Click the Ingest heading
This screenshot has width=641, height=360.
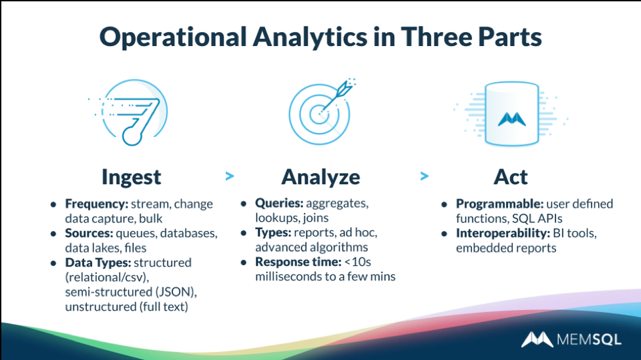[x=132, y=177]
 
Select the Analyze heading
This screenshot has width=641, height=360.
[x=320, y=177]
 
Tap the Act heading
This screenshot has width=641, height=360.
[x=510, y=177]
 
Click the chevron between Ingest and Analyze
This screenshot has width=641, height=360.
[x=230, y=176]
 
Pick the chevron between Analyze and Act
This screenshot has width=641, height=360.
[x=424, y=176]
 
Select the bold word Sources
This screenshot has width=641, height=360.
[x=89, y=233]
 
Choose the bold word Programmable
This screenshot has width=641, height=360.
[x=497, y=204]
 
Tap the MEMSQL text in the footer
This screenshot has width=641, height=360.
[x=588, y=340]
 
